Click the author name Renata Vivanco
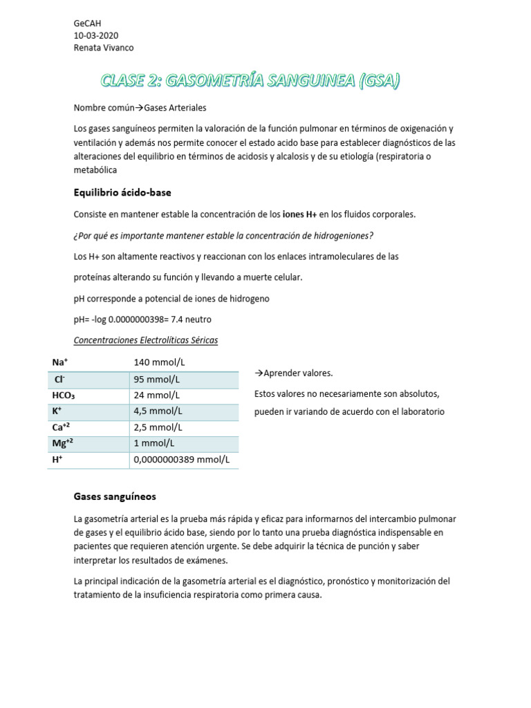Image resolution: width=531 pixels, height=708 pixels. pyautogui.click(x=104, y=48)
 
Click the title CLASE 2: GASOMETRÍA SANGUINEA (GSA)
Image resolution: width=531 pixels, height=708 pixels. pyautogui.click(x=250, y=82)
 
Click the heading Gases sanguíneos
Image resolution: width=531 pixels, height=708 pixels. pyautogui.click(x=115, y=496)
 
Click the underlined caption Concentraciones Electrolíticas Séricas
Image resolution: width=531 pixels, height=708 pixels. pyautogui.click(x=145, y=341)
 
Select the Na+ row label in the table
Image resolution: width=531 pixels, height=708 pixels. pyautogui.click(x=59, y=362)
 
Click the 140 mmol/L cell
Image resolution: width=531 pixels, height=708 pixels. pyautogui.click(x=160, y=362)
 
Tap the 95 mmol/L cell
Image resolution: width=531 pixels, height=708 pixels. pyautogui.click(x=157, y=379)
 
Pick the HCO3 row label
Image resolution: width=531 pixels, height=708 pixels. pyautogui.click(x=64, y=395)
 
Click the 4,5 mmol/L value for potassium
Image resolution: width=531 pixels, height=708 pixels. pyautogui.click(x=158, y=411)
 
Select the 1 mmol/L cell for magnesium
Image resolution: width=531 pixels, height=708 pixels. pyautogui.click(x=154, y=443)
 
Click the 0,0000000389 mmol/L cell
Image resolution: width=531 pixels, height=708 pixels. pyautogui.click(x=181, y=459)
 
